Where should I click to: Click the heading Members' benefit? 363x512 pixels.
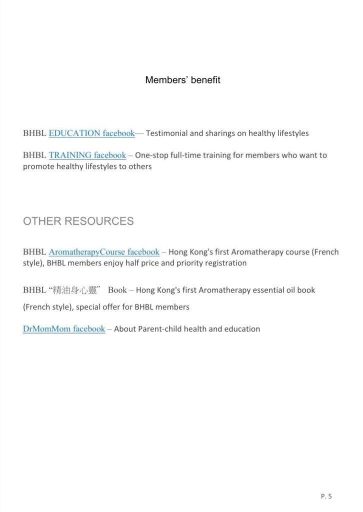[182, 80]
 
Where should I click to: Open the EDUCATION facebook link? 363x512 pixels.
[91, 133]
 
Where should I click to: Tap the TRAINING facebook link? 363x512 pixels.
[87, 155]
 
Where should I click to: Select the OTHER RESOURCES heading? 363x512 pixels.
[78, 221]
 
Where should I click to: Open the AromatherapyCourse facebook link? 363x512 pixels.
[104, 252]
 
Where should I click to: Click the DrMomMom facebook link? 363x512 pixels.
[64, 329]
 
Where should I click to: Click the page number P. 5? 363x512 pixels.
[326, 496]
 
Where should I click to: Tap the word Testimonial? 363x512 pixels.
[166, 133]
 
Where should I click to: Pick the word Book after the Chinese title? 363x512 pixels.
[117, 290]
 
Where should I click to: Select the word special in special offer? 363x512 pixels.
[90, 307]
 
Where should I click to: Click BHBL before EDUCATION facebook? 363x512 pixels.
[34, 133]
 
